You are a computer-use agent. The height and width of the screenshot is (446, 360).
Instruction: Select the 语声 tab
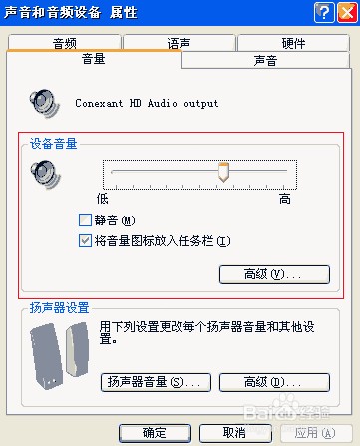(x=180, y=43)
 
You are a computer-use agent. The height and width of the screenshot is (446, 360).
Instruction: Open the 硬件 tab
(x=295, y=43)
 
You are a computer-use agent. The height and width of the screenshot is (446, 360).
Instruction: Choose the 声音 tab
(x=266, y=61)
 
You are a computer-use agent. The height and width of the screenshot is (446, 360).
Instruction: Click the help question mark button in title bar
(x=322, y=12)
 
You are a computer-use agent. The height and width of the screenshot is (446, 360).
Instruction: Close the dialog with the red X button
(x=344, y=12)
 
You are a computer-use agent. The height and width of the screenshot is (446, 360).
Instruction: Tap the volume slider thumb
(x=224, y=173)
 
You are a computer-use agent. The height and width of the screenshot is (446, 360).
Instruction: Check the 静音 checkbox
(x=85, y=221)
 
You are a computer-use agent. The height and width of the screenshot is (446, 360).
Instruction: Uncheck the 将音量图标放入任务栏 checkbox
(x=85, y=240)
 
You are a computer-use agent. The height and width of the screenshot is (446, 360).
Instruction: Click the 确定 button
(x=154, y=432)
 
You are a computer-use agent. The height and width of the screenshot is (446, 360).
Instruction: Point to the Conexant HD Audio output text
(x=147, y=103)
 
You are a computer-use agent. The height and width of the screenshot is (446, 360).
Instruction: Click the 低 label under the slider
(x=102, y=199)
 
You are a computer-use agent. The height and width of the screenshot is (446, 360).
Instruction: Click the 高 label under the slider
(x=285, y=199)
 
